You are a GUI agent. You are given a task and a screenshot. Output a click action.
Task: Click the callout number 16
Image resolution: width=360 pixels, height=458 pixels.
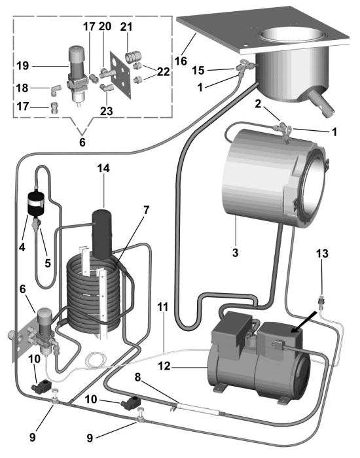(x=181, y=61)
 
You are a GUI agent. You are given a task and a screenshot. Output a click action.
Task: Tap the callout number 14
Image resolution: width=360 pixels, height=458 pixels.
(x=103, y=168)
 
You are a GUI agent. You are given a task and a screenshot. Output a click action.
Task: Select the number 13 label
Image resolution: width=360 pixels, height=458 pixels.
(x=322, y=253)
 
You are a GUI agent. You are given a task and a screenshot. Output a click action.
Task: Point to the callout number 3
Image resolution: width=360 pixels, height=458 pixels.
(x=235, y=252)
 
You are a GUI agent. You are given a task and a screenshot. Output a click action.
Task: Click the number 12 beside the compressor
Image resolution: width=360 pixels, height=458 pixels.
(x=164, y=366)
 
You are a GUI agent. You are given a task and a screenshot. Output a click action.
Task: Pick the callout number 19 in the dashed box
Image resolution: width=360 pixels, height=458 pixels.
(x=23, y=65)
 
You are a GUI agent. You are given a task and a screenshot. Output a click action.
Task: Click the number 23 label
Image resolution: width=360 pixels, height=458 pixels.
(x=106, y=111)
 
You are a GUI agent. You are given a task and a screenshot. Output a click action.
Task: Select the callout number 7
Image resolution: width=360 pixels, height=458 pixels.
(x=146, y=210)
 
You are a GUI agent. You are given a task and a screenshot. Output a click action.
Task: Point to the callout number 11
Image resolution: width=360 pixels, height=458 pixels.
(x=163, y=307)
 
